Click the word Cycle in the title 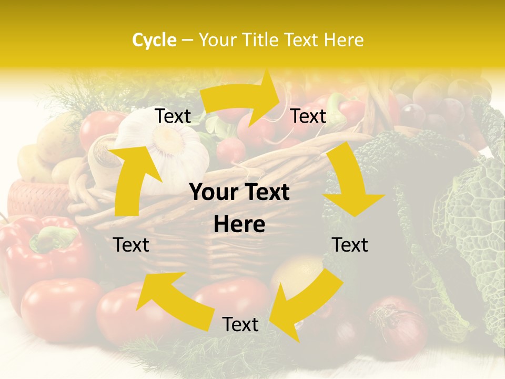point(154,40)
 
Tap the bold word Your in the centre point(214,193)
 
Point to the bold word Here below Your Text point(239,225)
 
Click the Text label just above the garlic point(173,116)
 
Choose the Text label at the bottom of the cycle point(240,324)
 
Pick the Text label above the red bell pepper point(131,245)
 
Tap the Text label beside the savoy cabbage point(350,245)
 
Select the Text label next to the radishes point(308,116)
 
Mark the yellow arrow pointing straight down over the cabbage point(351,184)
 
